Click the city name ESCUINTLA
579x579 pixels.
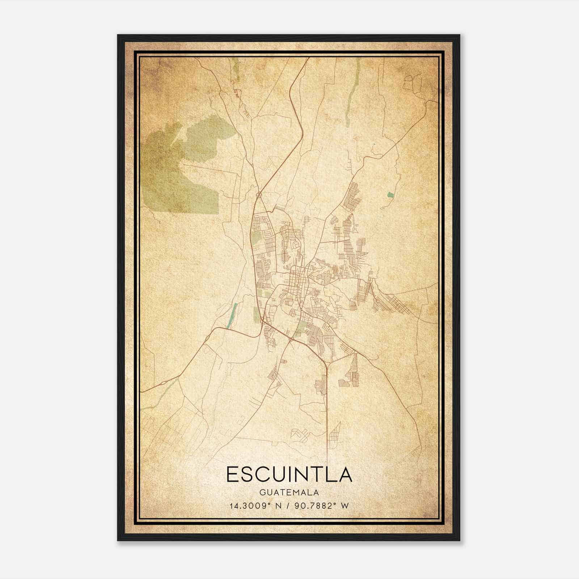coord(289,474)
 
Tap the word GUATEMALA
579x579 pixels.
coord(289,493)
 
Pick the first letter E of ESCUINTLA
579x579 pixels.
coord(232,474)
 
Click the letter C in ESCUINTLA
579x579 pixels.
coord(263,474)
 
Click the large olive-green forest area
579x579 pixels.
coord(181,163)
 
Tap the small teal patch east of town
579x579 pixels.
coord(390,195)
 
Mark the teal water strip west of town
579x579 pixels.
coord(232,315)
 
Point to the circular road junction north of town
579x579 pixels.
coord(258,195)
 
